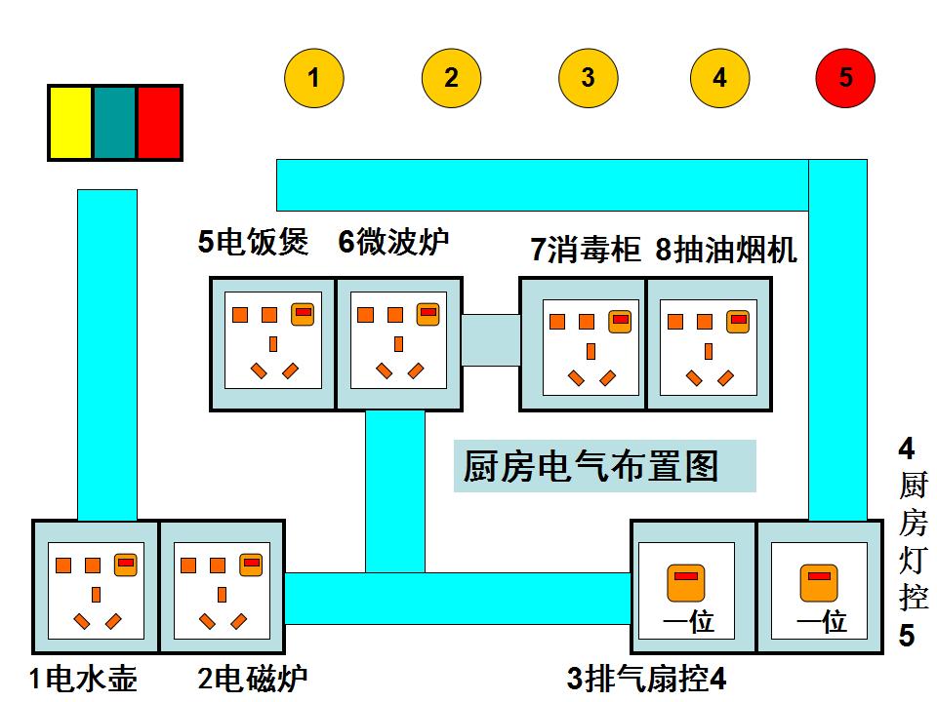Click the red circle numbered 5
tap(845, 78)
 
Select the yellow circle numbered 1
tap(313, 78)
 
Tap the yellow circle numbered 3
tap(588, 78)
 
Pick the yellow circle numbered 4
tap(719, 78)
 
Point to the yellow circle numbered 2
tap(451, 78)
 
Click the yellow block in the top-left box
tap(70, 123)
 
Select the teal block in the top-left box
tap(114, 123)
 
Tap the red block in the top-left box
tap(159, 123)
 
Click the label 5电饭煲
tap(254, 242)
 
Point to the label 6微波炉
tap(394, 242)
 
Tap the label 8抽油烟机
tap(726, 250)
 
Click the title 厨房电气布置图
tap(591, 466)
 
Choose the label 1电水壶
tap(83, 678)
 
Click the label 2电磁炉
tap(253, 678)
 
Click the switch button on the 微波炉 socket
tap(428, 314)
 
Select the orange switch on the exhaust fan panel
tap(686, 582)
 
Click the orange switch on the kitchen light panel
tap(819, 582)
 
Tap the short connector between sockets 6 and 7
tap(491, 340)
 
